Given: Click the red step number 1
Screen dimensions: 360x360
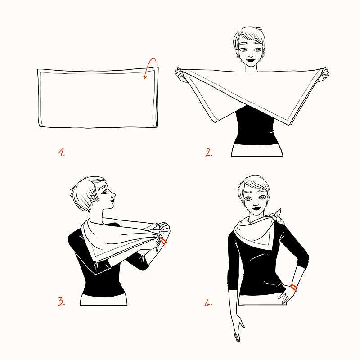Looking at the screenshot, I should coord(61,153).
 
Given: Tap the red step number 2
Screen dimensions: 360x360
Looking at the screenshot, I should coord(209,153).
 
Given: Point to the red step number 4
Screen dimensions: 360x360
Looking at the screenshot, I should coord(208,303).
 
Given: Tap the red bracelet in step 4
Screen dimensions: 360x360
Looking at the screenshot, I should coord(294,287).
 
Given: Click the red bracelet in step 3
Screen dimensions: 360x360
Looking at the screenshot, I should coord(163,242).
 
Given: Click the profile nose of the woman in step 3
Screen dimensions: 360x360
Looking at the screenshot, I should coord(114,196).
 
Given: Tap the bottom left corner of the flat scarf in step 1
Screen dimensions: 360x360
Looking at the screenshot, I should coord(40,126).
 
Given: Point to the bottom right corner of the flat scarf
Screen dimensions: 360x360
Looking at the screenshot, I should coord(157,126).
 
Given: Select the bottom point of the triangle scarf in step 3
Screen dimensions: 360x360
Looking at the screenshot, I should coord(95,262).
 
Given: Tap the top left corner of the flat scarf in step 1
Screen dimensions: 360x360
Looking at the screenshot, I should coord(38,70).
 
